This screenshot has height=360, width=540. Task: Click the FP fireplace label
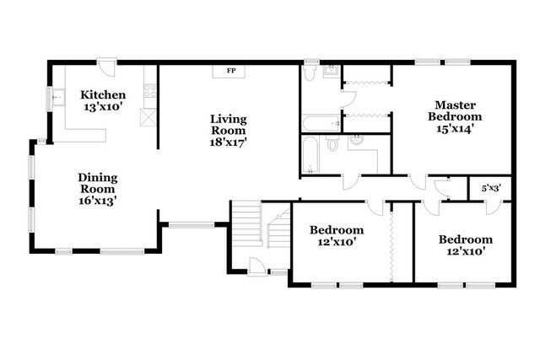(231, 71)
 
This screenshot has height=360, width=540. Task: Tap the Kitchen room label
(103, 94)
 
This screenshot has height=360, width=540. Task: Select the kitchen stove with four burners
(150, 91)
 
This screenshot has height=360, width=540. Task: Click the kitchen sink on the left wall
(58, 97)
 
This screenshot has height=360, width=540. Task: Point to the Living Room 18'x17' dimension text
(229, 142)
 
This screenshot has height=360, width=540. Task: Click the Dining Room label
(98, 183)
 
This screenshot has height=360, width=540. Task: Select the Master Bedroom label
(455, 110)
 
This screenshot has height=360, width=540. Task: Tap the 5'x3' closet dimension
(491, 188)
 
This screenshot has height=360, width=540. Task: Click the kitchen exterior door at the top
(107, 65)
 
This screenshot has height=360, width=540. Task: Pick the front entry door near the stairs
(256, 266)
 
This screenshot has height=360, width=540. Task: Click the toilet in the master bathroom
(310, 73)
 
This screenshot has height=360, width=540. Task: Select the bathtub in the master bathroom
(321, 123)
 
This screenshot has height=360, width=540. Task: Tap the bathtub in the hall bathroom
(310, 155)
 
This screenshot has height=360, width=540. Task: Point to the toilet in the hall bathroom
(332, 143)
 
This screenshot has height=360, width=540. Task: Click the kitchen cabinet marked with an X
(148, 117)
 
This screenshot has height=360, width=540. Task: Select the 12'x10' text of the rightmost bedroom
(466, 251)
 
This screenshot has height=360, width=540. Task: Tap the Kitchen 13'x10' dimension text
(103, 107)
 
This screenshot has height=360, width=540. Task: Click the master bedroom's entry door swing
(418, 182)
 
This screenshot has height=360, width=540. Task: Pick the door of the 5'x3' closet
(494, 207)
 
